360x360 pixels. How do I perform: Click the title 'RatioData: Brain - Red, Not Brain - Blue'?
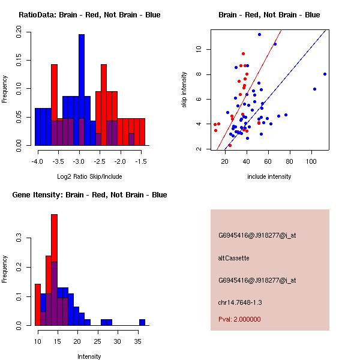(x=89, y=14)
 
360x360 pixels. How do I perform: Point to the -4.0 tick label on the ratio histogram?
(x=37, y=162)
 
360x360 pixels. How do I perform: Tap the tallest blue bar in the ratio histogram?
(x=82, y=90)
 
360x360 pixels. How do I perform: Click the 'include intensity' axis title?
(x=269, y=176)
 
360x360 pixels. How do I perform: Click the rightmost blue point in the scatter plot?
(x=325, y=74)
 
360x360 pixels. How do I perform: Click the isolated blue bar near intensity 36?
(x=142, y=322)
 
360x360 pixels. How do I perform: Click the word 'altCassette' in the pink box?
(x=233, y=258)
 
